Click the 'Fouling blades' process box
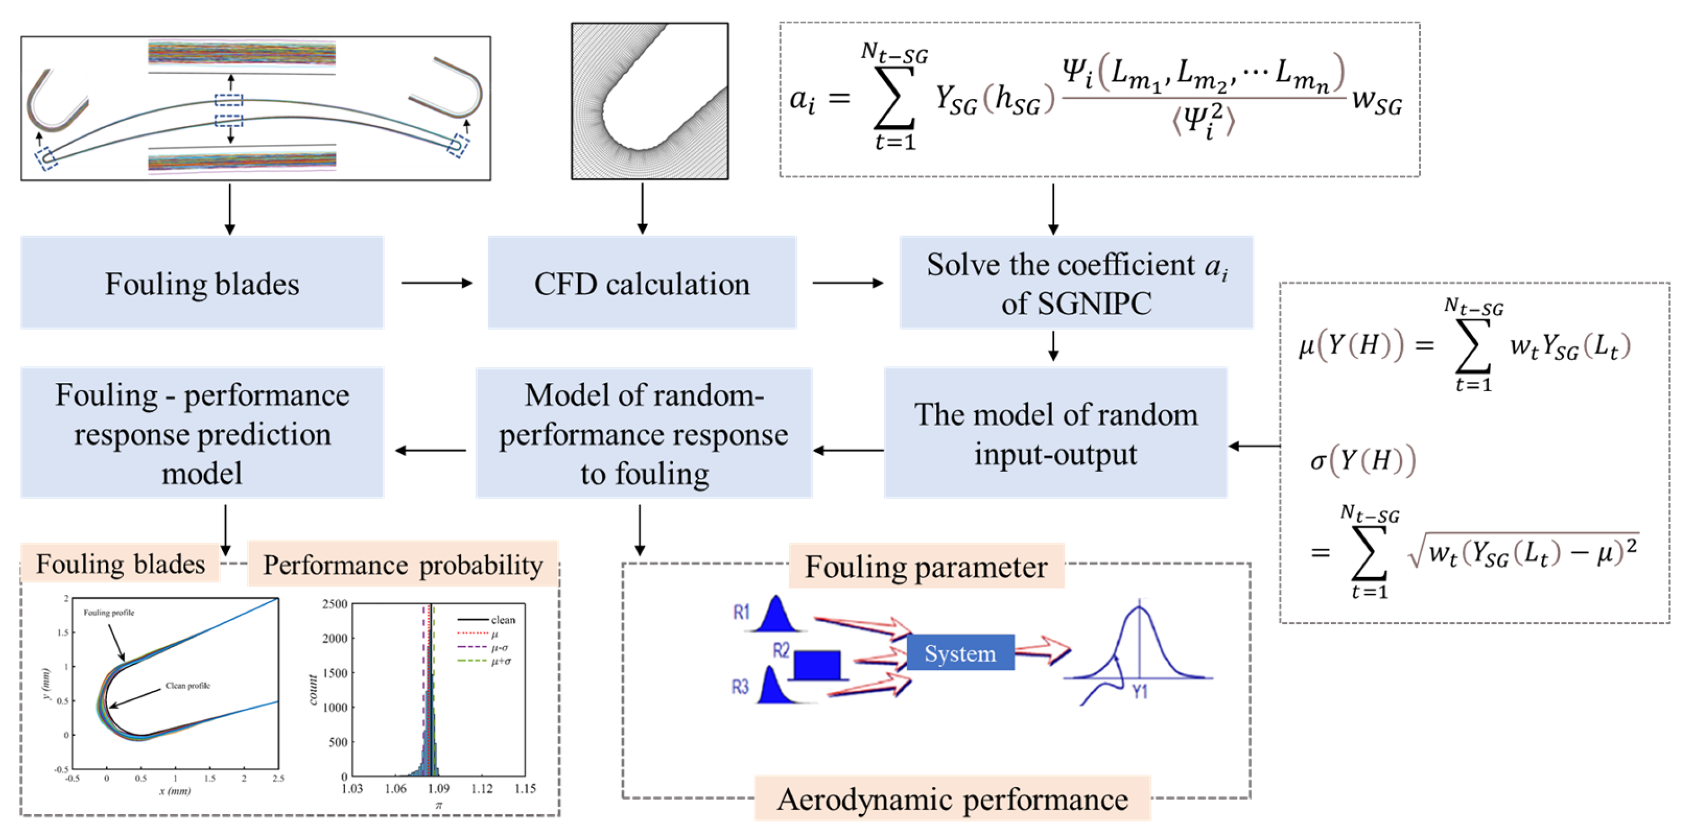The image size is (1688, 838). [x=202, y=282]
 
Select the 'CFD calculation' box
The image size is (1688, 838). [x=641, y=282]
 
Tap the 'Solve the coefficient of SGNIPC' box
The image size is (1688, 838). [x=1076, y=282]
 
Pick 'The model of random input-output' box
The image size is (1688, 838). [x=1055, y=432]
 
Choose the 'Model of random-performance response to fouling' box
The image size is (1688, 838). [x=644, y=432]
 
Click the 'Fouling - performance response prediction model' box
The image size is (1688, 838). [x=202, y=432]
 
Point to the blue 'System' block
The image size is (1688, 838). [x=960, y=653]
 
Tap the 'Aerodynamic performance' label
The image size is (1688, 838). [x=952, y=799]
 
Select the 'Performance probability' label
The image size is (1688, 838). [x=402, y=564]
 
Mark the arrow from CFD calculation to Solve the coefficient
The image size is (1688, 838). [x=847, y=283]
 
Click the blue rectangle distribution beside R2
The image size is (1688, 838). [x=817, y=665]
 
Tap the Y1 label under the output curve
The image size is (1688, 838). [x=1140, y=691]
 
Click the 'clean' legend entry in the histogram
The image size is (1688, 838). [x=503, y=620]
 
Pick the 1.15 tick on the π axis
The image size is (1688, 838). [x=525, y=788]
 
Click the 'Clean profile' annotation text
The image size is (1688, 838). [x=188, y=685]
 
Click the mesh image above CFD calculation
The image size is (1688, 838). [x=649, y=101]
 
